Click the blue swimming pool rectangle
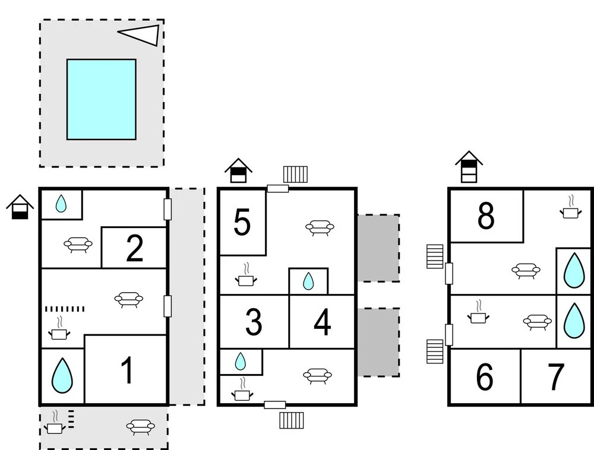point(101,99)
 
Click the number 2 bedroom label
point(134,248)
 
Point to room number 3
point(254,322)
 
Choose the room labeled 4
point(323,322)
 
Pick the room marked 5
point(242,223)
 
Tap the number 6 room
point(485,376)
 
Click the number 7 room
point(556,376)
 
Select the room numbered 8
point(486,216)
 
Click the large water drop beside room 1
point(62,375)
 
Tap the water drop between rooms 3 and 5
point(308,281)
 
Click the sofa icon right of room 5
point(320,228)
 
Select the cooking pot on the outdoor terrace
point(55,422)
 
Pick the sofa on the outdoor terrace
point(141,427)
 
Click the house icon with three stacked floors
point(469,167)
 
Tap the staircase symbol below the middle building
point(292,420)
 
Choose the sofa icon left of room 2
point(78,245)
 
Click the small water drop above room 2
point(61,204)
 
